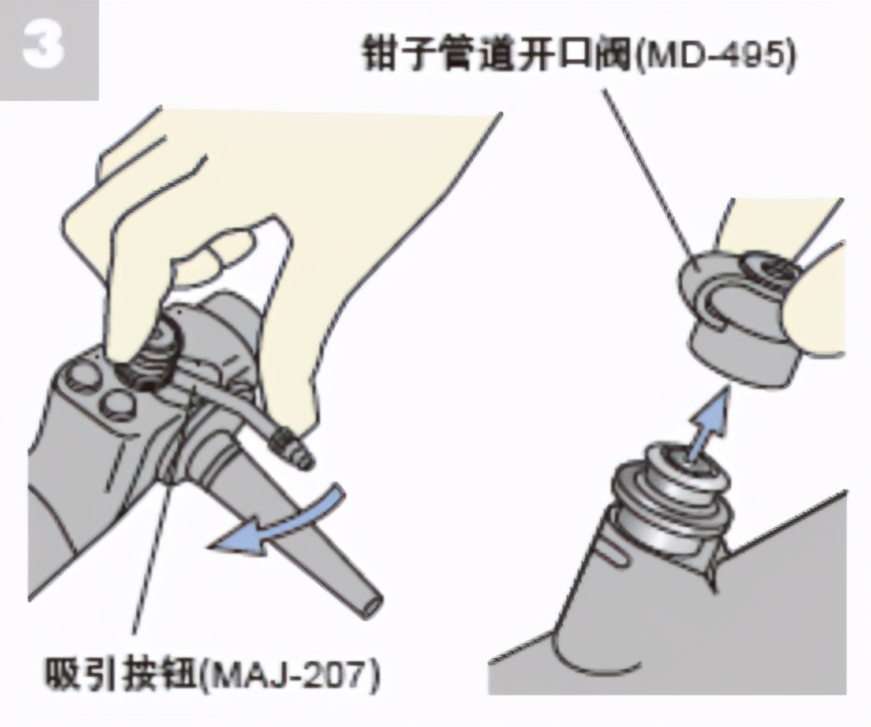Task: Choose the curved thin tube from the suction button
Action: (x=234, y=402)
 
